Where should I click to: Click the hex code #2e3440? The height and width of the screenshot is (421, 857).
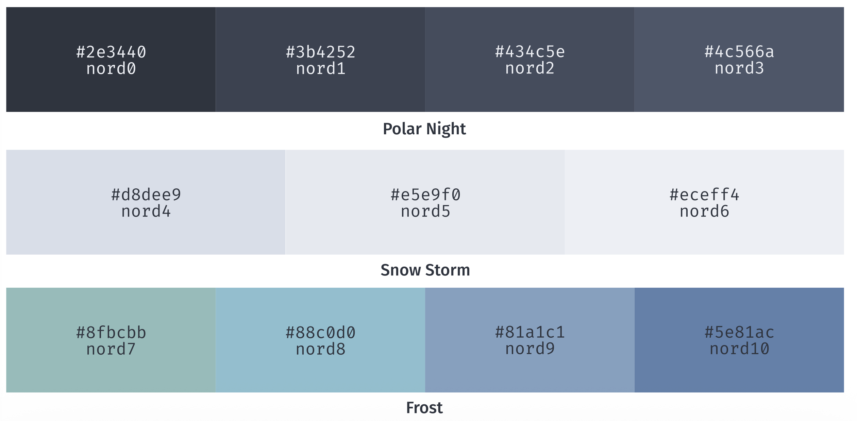111,52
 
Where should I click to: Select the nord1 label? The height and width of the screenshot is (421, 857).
321,69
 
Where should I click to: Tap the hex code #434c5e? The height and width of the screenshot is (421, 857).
530,52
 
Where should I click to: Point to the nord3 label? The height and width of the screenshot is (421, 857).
739,68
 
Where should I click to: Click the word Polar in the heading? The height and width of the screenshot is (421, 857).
402,129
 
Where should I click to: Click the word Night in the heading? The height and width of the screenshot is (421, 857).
446,129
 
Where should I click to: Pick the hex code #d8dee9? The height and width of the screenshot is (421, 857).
146,195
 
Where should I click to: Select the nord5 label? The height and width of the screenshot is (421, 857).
425,212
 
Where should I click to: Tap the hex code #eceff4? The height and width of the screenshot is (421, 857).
704,195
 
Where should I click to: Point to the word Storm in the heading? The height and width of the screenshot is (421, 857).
448,270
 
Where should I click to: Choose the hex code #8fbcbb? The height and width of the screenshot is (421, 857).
111,333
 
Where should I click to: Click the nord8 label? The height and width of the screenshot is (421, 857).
321,349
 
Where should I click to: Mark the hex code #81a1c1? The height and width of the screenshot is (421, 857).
530,332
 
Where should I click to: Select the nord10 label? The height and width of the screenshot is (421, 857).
739,349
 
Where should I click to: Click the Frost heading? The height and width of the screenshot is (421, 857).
424,408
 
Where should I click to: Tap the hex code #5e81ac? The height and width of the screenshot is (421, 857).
739,332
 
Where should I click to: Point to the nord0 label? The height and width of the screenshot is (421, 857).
111,69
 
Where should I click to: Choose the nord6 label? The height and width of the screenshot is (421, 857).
704,212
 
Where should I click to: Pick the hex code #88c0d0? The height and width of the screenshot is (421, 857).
321,333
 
